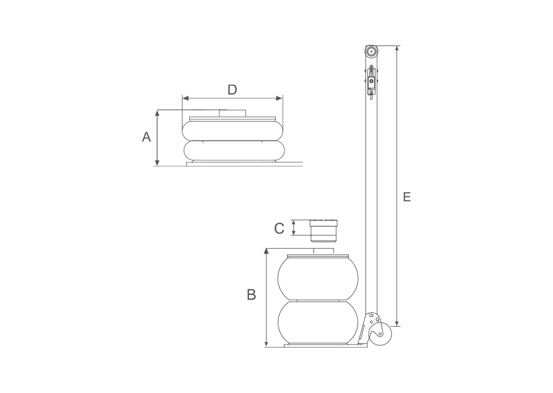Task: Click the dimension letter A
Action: click(x=146, y=137)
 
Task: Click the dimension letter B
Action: click(x=251, y=295)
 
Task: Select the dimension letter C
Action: click(x=279, y=229)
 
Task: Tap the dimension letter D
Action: click(x=232, y=90)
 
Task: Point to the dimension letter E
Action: click(x=407, y=197)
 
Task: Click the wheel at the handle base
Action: click(x=380, y=335)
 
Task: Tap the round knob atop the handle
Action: click(x=371, y=52)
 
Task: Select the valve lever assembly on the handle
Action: click(x=371, y=82)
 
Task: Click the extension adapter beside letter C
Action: click(x=324, y=231)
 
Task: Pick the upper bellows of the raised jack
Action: click(x=318, y=278)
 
